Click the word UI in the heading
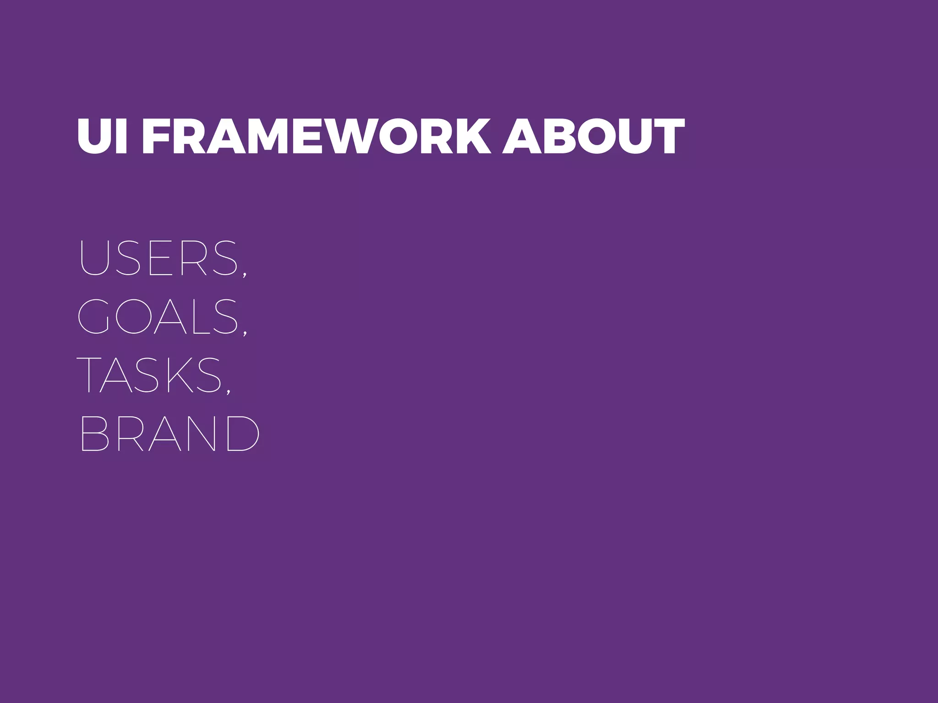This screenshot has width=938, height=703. click(101, 136)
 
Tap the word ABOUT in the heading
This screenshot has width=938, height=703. click(593, 136)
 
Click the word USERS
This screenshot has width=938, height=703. click(158, 258)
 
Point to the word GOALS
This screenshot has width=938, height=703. click(158, 316)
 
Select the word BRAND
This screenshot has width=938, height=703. click(169, 433)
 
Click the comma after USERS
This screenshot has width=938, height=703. click(245, 274)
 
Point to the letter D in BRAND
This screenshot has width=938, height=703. click(243, 433)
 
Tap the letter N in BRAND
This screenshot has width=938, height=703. click(201, 433)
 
